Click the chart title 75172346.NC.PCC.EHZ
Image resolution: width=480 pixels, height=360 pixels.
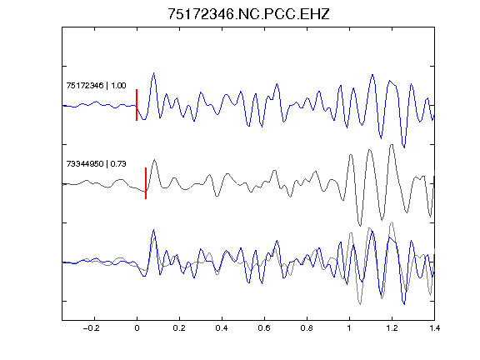[248, 14]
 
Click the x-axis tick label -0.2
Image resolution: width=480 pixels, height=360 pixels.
[91, 328]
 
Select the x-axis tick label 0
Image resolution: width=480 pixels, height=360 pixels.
[137, 328]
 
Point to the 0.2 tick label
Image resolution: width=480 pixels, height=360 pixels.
[179, 328]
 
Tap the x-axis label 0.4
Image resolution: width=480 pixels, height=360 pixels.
[222, 328]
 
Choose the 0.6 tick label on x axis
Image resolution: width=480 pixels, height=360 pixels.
[264, 328]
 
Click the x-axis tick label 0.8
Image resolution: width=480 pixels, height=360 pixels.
[307, 328]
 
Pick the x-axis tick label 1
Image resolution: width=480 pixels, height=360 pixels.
[349, 328]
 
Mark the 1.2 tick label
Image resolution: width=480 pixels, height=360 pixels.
[392, 328]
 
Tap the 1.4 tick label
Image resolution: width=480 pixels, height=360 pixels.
[434, 328]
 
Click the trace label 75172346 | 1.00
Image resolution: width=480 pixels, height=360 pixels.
[96, 85]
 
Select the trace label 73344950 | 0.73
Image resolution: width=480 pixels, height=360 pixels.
[96, 164]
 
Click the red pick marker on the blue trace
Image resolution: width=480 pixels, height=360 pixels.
[137, 105]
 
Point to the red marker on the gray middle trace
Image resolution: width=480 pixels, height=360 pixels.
[146, 183]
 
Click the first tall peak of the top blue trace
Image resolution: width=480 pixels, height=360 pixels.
[153, 73]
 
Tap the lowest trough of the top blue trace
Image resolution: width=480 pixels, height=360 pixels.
[404, 147]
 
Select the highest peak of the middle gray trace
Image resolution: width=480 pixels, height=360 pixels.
[392, 145]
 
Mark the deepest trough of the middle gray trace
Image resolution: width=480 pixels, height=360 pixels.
[360, 226]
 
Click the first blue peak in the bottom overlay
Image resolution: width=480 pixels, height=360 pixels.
[153, 230]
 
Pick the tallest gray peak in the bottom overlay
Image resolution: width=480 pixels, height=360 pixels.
[392, 222]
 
